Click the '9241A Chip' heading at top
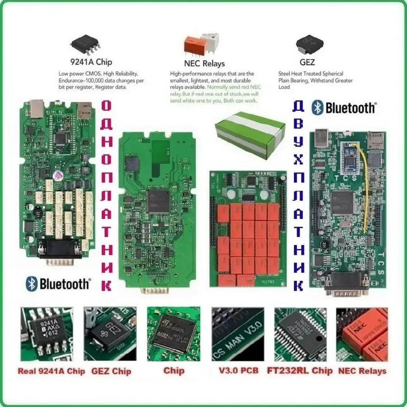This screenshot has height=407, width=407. (x=91, y=62)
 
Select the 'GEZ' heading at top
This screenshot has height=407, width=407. (x=307, y=62)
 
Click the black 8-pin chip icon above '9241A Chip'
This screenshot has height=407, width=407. (x=85, y=44)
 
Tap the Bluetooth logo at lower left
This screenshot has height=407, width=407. (x=58, y=284)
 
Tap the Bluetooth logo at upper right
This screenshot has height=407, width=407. (x=344, y=108)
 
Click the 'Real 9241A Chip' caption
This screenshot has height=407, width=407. (x=52, y=371)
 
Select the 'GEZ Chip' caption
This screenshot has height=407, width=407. (x=111, y=371)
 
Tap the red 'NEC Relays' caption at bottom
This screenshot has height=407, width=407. (x=361, y=371)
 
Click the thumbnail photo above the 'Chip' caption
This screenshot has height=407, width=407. (x=174, y=334)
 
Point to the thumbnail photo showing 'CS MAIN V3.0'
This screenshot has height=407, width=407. (x=237, y=334)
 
